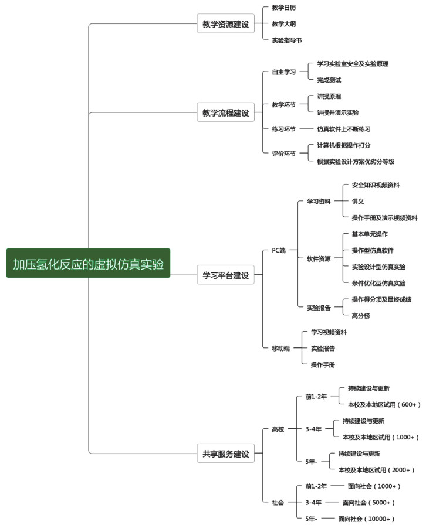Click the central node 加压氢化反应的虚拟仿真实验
88,263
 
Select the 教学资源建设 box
225,24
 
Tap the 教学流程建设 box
225,112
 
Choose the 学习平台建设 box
225,274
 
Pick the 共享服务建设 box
225,453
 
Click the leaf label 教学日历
283,8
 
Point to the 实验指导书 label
287,40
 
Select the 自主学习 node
283,72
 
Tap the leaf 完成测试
329,80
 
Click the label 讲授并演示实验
337,112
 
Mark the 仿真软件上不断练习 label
343,129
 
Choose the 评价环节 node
283,154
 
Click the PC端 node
278,250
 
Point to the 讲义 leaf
358,202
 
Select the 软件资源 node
319,258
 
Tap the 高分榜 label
361,315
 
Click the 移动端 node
280,348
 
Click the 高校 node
278,429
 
